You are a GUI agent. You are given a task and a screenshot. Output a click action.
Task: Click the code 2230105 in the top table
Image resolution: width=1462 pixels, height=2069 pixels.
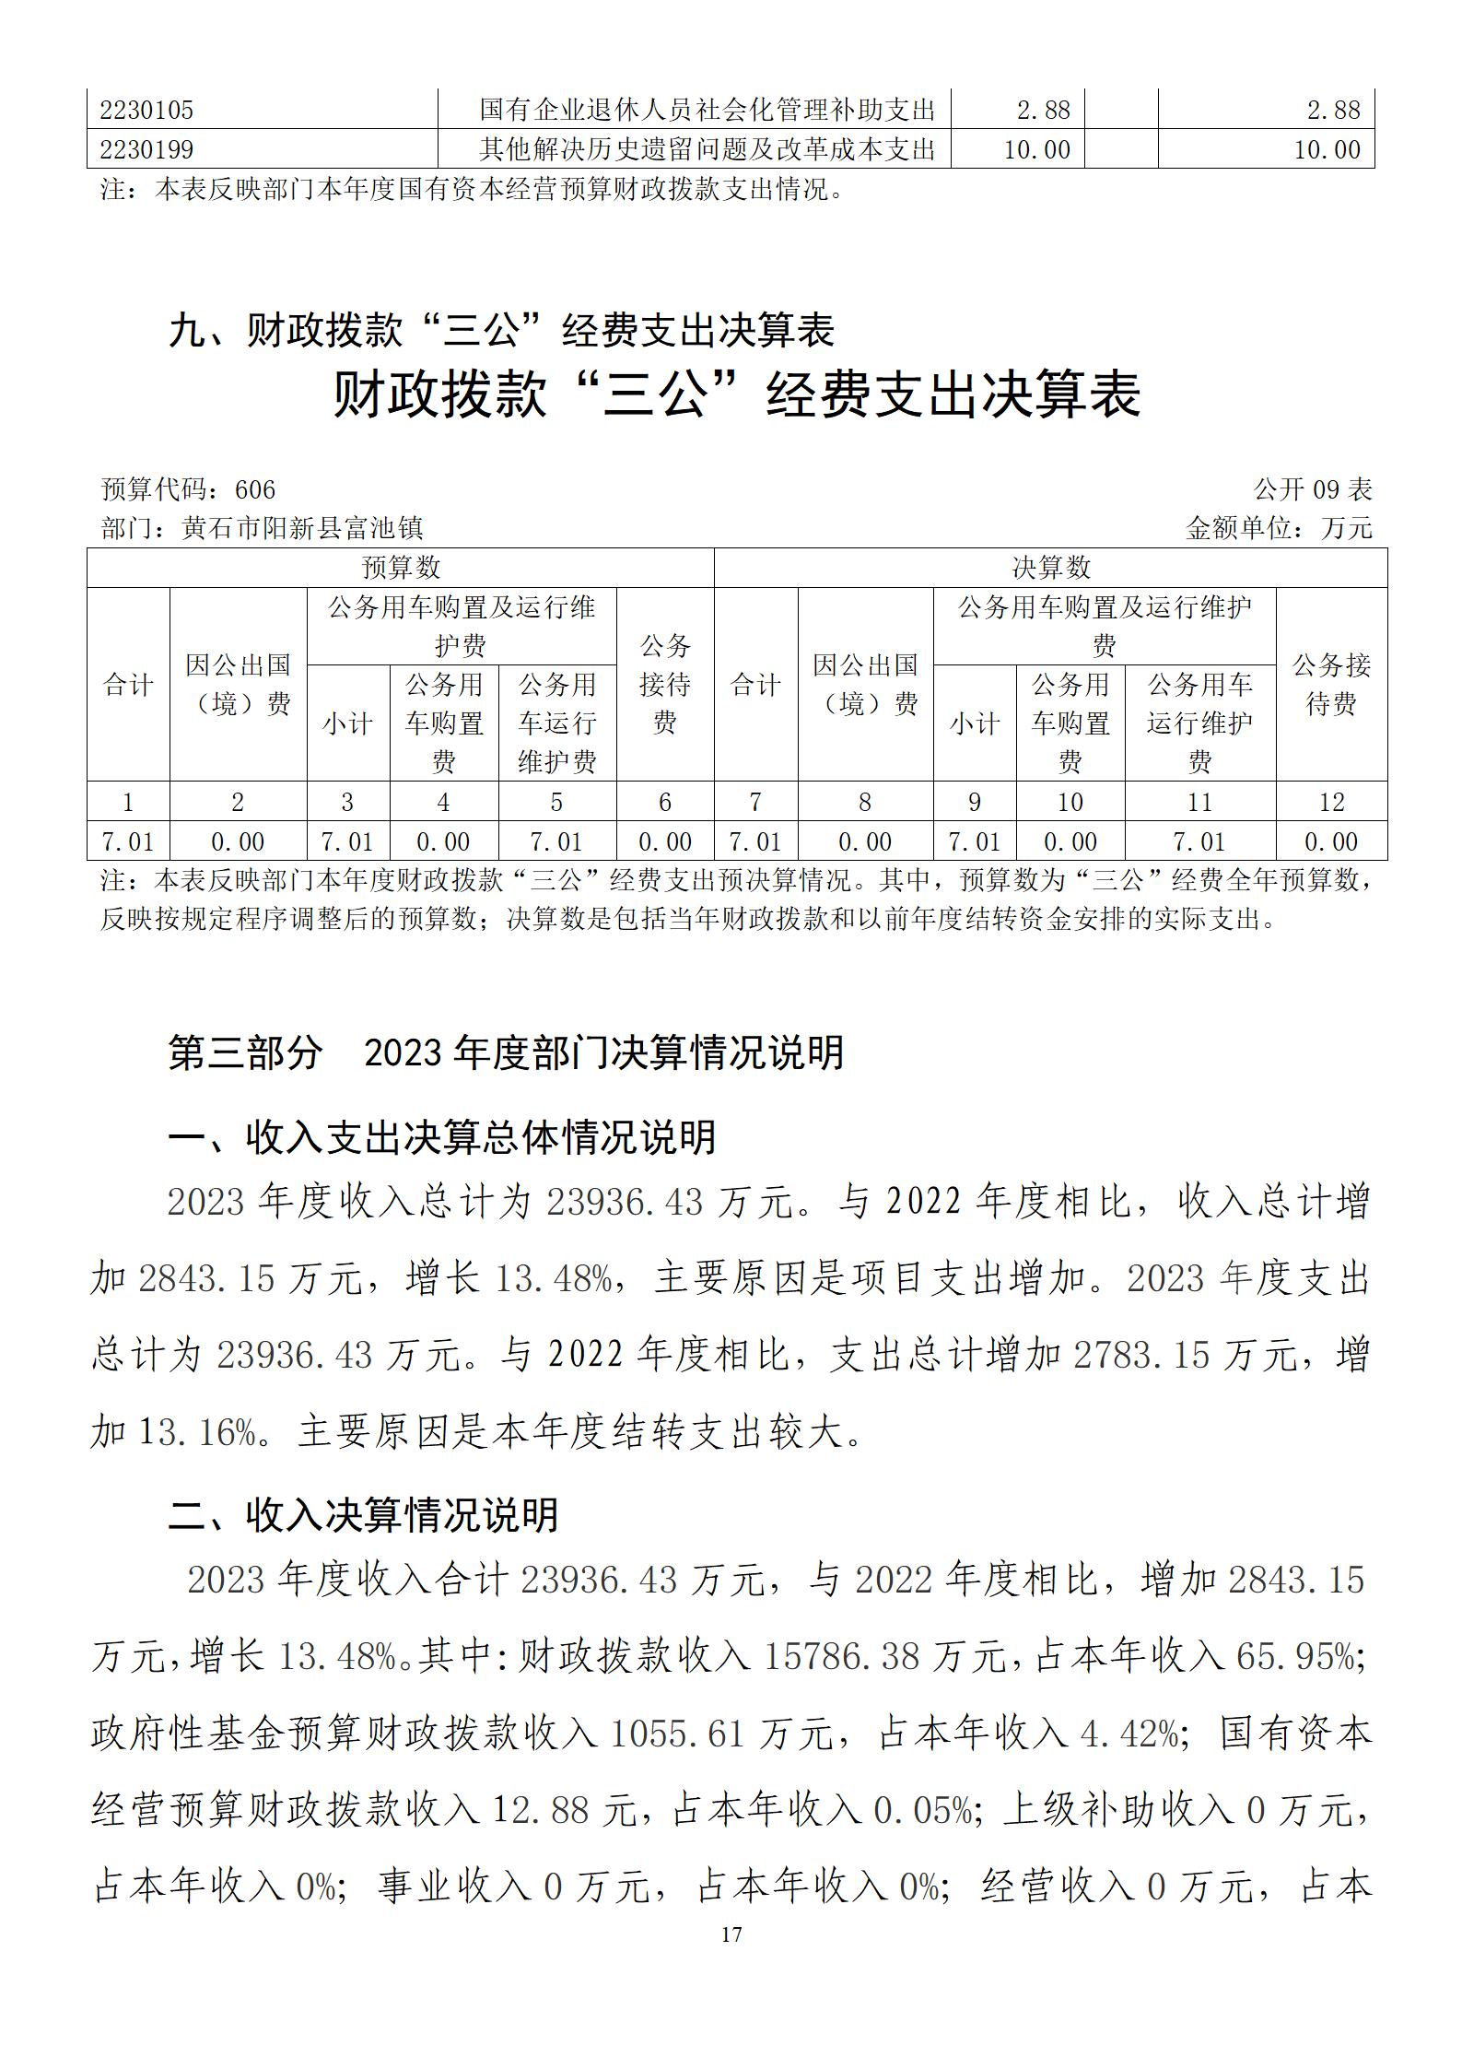(146, 110)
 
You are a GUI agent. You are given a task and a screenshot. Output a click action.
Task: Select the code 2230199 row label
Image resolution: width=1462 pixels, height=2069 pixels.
(146, 149)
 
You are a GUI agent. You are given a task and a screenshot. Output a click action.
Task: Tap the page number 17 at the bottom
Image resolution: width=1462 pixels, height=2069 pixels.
(731, 1934)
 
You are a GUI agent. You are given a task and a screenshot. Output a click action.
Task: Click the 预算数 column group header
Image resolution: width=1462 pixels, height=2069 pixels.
(400, 568)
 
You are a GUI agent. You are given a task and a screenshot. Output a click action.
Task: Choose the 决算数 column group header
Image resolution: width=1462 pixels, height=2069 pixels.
(1050, 568)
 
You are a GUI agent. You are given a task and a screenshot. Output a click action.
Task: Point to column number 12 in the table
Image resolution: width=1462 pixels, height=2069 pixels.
(1331, 802)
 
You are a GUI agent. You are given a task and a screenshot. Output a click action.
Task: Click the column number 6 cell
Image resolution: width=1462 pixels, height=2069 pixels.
(664, 802)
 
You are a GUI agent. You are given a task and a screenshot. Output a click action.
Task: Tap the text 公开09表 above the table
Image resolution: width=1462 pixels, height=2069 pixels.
(1313, 488)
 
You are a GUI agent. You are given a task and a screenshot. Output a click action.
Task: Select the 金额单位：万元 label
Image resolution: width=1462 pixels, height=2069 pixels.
(1279, 528)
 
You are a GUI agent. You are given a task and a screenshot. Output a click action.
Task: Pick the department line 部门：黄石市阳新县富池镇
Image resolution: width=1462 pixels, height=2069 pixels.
(262, 528)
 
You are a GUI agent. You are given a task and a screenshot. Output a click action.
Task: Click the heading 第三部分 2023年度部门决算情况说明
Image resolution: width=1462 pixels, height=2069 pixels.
(505, 1052)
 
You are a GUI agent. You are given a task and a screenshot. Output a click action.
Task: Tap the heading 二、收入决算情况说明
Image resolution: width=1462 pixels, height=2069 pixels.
(363, 1515)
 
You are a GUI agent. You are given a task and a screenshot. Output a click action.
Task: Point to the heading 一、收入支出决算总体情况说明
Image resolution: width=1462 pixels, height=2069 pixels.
(442, 1137)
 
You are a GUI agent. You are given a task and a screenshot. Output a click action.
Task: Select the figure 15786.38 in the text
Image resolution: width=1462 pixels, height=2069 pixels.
(841, 1657)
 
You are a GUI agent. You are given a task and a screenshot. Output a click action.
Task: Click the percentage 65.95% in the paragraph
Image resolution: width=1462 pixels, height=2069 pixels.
(1295, 1657)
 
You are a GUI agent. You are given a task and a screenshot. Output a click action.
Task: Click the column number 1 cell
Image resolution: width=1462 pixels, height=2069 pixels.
(128, 802)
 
